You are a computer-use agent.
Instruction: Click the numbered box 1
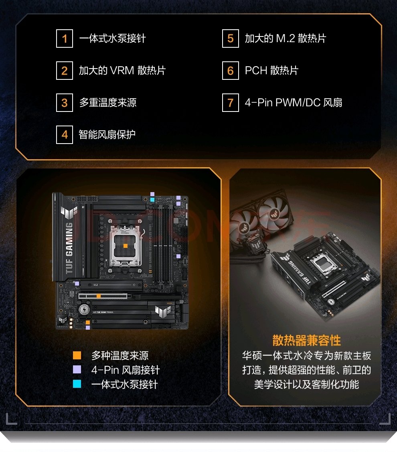pos(64,39)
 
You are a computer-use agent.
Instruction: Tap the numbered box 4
pos(64,135)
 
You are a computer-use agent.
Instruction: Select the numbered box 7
pos(230,103)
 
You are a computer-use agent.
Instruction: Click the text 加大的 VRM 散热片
pos(122,71)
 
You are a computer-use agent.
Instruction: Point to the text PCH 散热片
pos(271,71)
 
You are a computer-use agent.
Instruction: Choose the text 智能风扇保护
pos(107,135)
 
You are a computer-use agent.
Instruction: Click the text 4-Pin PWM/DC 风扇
pos(294,103)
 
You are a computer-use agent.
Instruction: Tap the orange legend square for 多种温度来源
pos(77,355)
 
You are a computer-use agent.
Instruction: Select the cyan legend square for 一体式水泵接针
pos(77,384)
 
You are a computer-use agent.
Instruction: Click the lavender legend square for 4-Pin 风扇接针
pos(77,369)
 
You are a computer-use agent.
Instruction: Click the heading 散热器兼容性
pos(306,341)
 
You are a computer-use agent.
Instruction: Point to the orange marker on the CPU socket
pos(126,246)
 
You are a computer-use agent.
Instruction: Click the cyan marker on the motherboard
pos(152,199)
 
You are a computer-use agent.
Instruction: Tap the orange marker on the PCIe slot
pos(99,296)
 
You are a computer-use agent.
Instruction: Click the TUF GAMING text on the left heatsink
pos(69,248)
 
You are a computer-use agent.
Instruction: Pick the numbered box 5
pos(230,39)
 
